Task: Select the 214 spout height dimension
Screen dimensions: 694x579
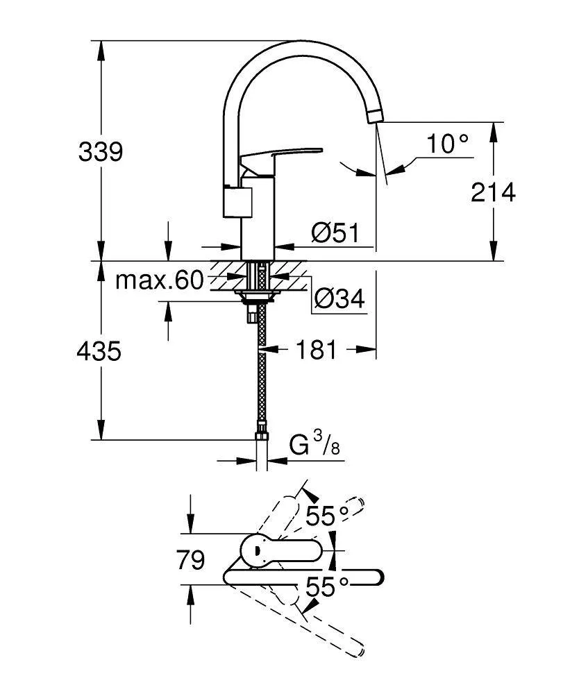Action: [494, 192]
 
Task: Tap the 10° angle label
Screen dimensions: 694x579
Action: [448, 144]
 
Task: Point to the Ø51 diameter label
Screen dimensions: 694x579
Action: [335, 233]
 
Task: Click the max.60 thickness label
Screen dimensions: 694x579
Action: [159, 280]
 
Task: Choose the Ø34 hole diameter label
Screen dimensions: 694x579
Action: [339, 299]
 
